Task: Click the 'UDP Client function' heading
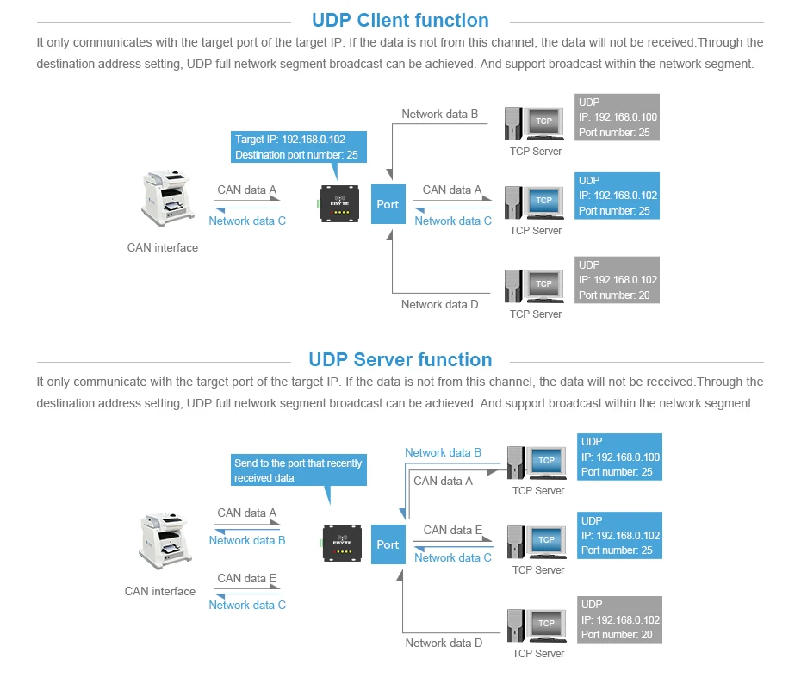pos(400,21)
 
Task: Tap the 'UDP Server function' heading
pos(400,359)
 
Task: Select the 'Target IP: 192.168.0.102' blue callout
pos(298,147)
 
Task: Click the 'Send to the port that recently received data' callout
pos(298,470)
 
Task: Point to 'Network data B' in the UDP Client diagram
pos(439,114)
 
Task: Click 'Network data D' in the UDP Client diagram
pos(439,304)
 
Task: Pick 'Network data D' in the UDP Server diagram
pos(444,644)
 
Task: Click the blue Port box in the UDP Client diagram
pos(388,204)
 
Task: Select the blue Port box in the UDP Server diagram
pos(388,544)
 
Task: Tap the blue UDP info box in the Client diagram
pos(617,196)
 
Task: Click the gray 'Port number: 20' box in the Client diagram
pos(617,280)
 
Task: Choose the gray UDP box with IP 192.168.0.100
pos(617,117)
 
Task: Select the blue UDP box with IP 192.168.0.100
pos(619,457)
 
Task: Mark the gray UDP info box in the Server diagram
pos(619,619)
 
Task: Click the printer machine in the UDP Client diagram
pos(167,199)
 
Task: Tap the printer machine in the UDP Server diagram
pos(165,542)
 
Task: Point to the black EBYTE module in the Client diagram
pos(339,204)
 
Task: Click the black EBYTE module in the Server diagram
pos(342,543)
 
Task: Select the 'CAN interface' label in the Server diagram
pos(160,591)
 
